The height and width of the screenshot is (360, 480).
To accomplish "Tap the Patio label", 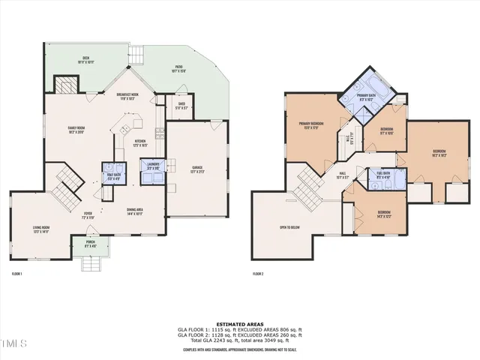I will point(178,70).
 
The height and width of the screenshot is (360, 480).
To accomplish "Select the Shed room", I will point(181,106).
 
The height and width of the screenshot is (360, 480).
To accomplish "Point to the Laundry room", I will point(154,166).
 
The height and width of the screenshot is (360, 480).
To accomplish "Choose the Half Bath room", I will point(114,176).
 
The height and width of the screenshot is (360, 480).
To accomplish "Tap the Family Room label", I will point(76,130).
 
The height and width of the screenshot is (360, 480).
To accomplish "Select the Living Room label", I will point(40,229).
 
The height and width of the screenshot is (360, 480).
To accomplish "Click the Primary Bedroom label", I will point(311,125).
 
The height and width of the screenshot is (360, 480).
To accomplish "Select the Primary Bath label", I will point(366,97).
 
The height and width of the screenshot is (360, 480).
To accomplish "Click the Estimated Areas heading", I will point(240,324).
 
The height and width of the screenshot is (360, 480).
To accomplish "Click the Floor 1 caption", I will point(16,274).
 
